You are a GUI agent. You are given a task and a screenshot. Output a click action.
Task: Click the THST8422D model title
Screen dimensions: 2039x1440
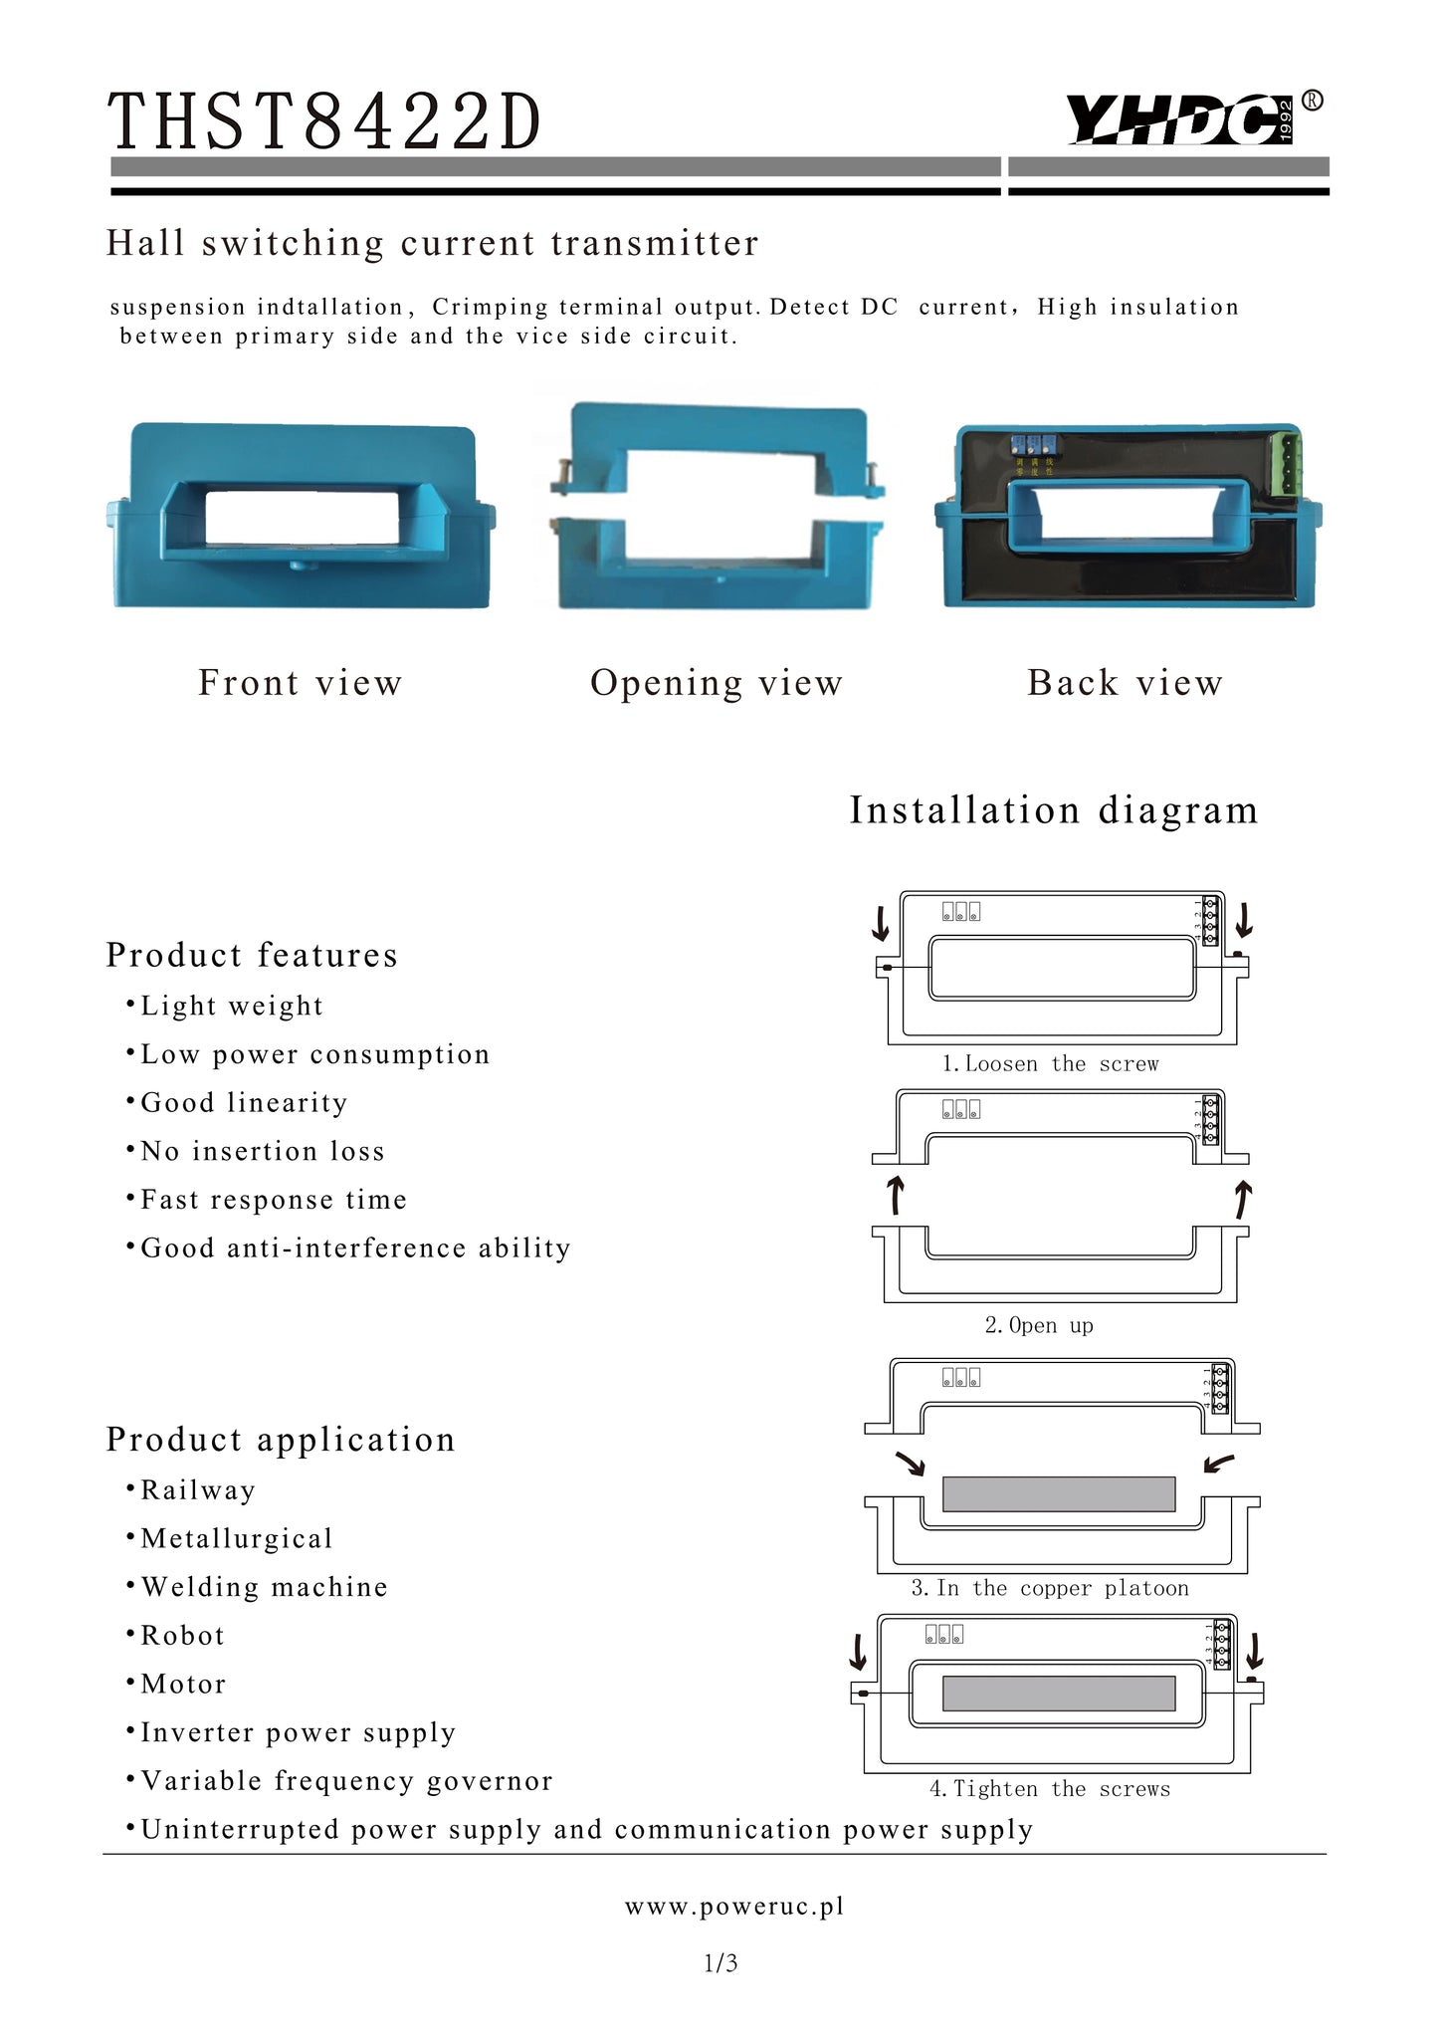pyautogui.click(x=324, y=122)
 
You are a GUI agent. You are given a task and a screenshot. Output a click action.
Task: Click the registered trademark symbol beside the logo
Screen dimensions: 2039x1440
pyautogui.click(x=1313, y=100)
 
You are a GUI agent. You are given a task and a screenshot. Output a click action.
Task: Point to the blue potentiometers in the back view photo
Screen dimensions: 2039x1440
pyautogui.click(x=1032, y=445)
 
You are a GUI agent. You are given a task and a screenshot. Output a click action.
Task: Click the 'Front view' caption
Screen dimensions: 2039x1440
pyautogui.click(x=301, y=683)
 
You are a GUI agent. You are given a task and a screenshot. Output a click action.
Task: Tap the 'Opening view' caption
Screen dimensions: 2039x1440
pyautogui.click(x=717, y=683)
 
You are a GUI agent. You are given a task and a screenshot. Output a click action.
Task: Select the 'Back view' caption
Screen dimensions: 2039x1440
pyautogui.click(x=1125, y=683)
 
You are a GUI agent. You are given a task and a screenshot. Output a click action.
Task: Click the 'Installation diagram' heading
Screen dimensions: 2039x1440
pyautogui.click(x=1054, y=810)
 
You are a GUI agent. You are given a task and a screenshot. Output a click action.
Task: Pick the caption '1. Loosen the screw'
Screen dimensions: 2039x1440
pyautogui.click(x=1051, y=1064)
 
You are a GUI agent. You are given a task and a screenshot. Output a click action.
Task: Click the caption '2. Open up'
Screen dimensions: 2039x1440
pyautogui.click(x=1039, y=1325)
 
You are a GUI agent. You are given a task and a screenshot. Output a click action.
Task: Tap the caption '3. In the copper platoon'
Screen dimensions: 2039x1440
pyautogui.click(x=1050, y=1588)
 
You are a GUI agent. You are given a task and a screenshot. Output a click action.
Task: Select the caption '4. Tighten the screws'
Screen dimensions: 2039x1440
pyautogui.click(x=1050, y=1789)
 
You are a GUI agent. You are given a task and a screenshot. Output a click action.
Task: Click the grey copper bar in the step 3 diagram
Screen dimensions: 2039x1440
pyautogui.click(x=1059, y=1493)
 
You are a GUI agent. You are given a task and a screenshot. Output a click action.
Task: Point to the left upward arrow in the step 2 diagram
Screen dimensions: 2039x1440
pyautogui.click(x=896, y=1195)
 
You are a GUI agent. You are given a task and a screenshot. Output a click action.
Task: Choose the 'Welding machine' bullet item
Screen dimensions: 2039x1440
pyautogui.click(x=264, y=1587)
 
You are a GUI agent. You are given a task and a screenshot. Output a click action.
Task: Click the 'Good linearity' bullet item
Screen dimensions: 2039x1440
pyautogui.click(x=244, y=1103)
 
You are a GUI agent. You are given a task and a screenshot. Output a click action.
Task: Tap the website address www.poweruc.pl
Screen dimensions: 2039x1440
pyautogui.click(x=734, y=1907)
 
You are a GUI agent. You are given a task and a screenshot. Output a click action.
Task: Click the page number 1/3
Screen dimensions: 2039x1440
pyautogui.click(x=720, y=1963)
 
